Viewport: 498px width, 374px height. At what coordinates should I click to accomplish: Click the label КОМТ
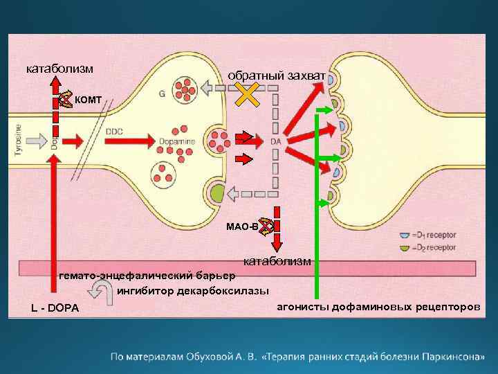coord(88,100)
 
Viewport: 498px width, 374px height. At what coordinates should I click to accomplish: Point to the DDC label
coord(115,128)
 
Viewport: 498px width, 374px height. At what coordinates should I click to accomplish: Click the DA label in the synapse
coord(275,141)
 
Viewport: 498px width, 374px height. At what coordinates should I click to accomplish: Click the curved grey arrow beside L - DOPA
coord(109,296)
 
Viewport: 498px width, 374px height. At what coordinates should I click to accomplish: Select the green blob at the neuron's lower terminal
coord(218,193)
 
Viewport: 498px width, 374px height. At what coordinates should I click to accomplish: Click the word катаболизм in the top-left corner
coord(60,68)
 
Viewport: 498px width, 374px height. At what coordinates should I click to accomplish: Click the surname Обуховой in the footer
coord(228,357)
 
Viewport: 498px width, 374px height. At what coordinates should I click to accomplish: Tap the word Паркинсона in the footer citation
coord(449,357)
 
